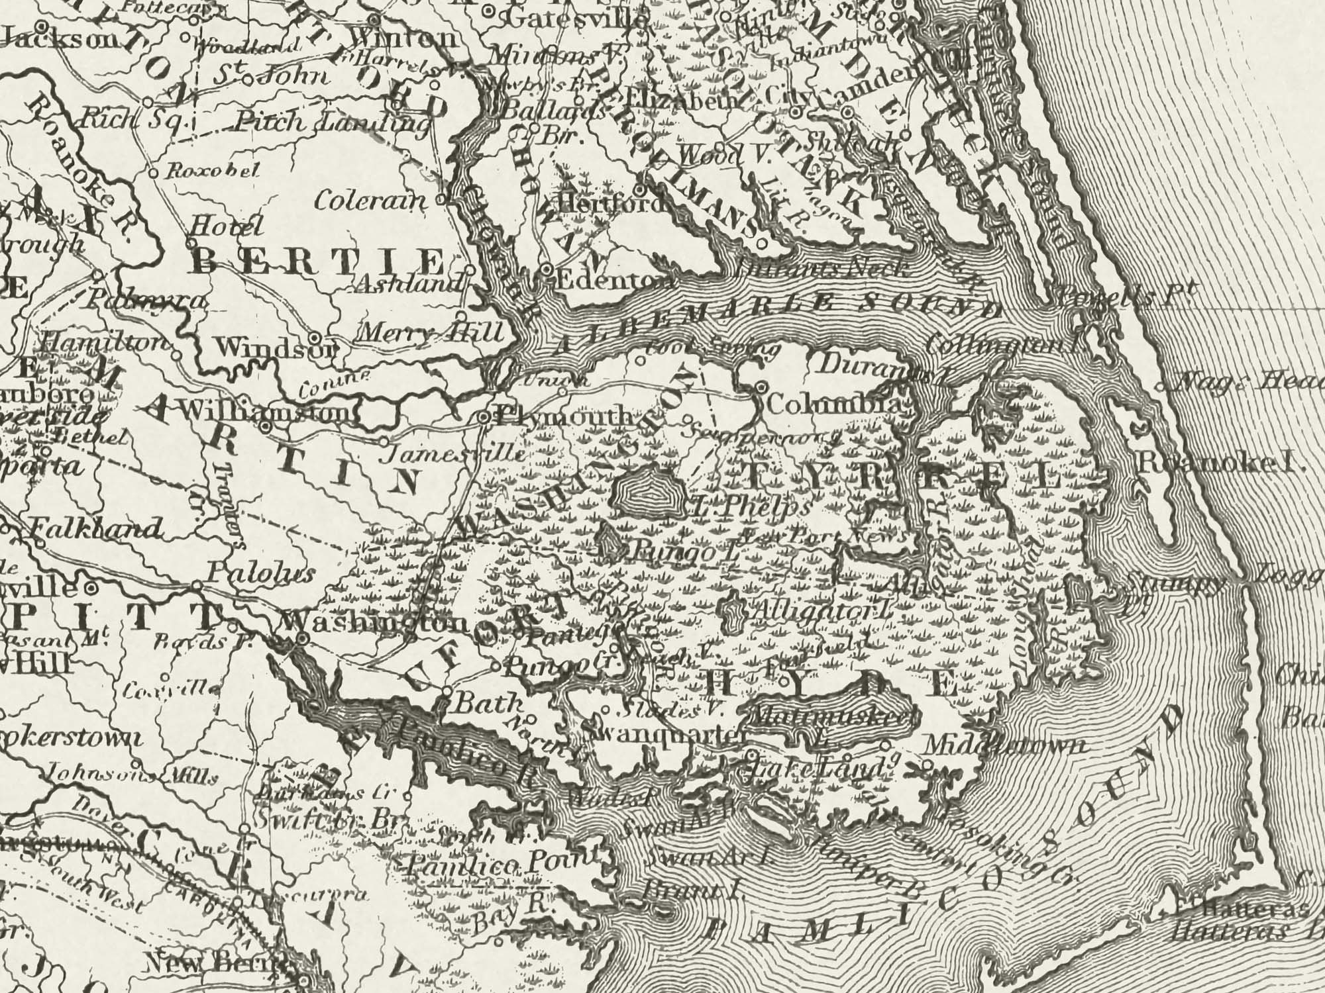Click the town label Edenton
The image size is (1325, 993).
click(613, 280)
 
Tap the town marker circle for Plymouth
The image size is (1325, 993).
click(484, 417)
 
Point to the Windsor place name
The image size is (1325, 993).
click(276, 347)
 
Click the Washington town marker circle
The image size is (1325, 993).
click(302, 639)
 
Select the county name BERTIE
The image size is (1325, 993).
click(317, 263)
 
